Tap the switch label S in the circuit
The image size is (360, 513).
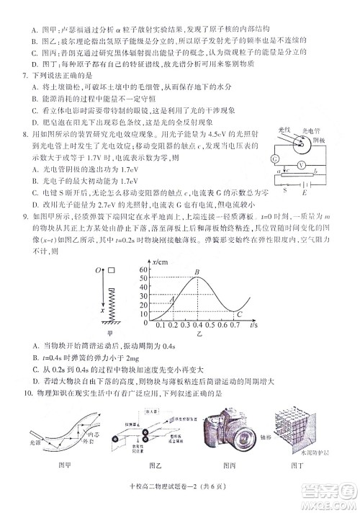click(x=284, y=192)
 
